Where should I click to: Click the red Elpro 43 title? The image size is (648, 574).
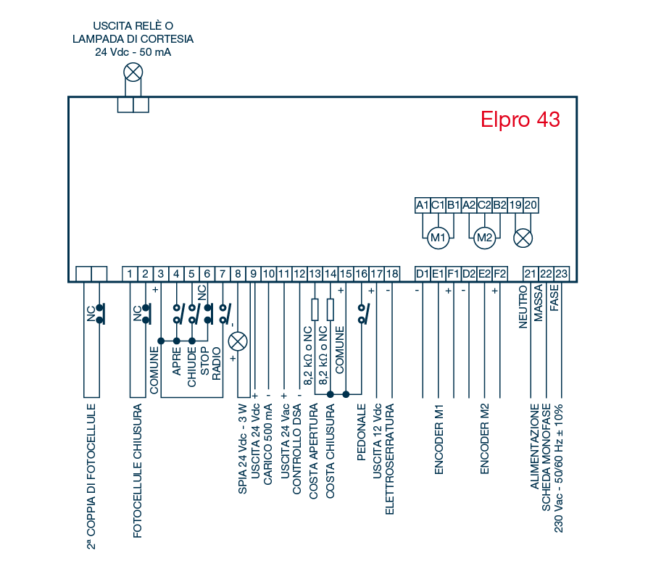click(520, 120)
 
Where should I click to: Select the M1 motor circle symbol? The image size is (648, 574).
click(437, 237)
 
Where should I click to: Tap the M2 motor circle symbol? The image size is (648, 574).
click(483, 237)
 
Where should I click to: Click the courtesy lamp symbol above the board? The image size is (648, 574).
click(133, 72)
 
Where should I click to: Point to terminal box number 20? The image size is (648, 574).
click(530, 205)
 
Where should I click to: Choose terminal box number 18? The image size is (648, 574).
click(391, 273)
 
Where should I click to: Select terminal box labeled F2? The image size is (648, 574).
click(499, 273)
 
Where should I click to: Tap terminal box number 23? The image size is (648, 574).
click(561, 273)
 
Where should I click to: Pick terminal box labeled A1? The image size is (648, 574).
click(423, 205)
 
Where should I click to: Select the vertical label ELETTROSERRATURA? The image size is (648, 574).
click(390, 464)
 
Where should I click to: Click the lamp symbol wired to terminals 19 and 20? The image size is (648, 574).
click(523, 237)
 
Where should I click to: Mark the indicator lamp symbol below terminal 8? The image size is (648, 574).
click(238, 342)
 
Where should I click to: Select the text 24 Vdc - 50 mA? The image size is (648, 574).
click(133, 52)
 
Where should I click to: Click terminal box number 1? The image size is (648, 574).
click(129, 273)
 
